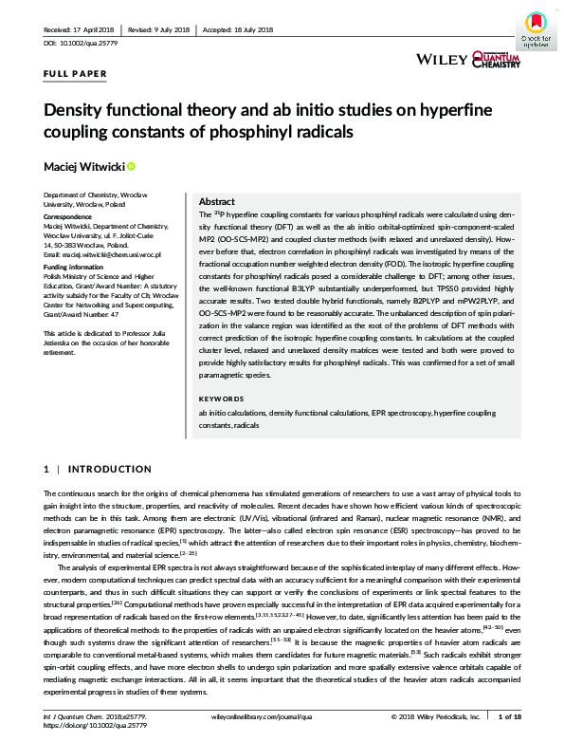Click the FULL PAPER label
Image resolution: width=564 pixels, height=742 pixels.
click(x=76, y=73)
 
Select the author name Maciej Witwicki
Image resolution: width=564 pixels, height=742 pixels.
click(x=83, y=167)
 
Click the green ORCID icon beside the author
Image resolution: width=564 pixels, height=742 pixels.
click(x=131, y=167)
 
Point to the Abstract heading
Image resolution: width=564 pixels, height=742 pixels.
click(x=216, y=202)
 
